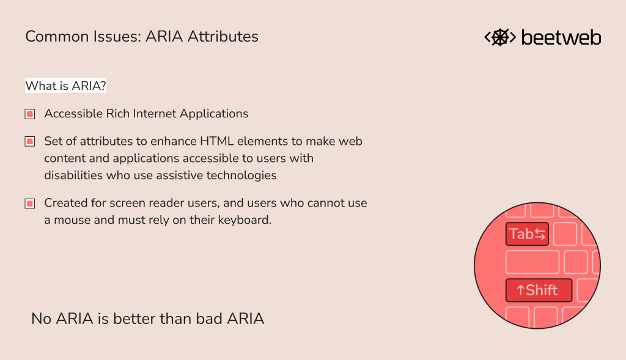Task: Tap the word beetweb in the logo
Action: pos(561,37)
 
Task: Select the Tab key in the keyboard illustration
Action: pos(526,234)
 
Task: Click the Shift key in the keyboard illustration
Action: pos(539,290)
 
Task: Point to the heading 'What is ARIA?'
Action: pos(65,86)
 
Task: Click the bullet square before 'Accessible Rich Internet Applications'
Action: pos(29,114)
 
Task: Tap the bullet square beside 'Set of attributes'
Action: pos(29,142)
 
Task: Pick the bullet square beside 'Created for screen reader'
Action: pos(29,204)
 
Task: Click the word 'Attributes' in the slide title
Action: pos(223,37)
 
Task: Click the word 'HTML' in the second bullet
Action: pos(216,141)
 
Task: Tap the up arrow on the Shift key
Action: pos(520,290)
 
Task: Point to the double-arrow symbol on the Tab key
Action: pos(540,233)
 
